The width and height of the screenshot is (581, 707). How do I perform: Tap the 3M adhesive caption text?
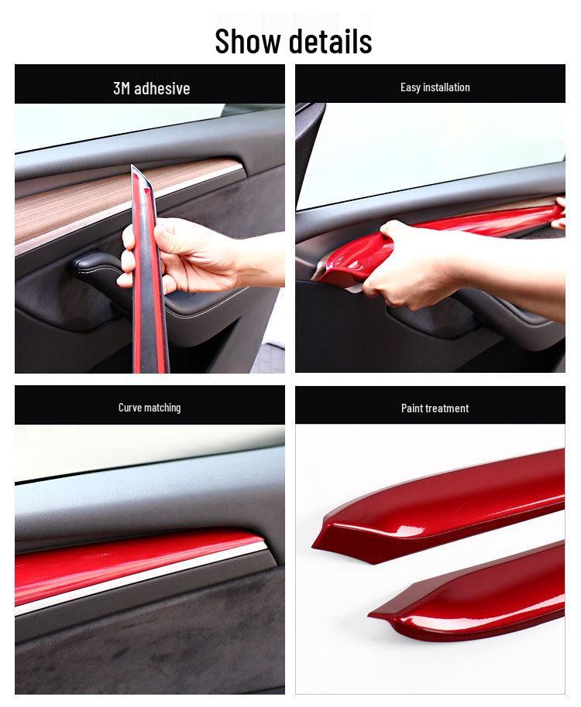(151, 88)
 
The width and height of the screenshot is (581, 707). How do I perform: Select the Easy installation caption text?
(435, 87)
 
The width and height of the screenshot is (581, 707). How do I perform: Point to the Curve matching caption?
(150, 408)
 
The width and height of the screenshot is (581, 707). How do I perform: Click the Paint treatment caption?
(435, 408)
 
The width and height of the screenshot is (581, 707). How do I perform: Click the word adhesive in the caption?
(162, 88)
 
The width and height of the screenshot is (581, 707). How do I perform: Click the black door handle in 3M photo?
(97, 267)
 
